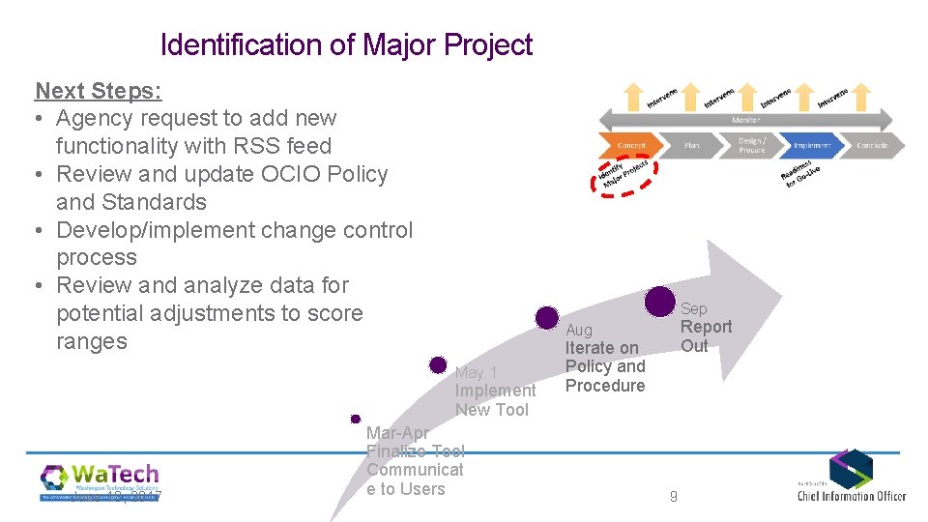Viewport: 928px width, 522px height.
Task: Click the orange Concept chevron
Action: coord(632,146)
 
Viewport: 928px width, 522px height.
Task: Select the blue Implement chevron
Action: coord(812,146)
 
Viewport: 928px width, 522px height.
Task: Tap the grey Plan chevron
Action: coord(692,146)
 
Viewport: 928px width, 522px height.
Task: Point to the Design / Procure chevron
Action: coord(752,146)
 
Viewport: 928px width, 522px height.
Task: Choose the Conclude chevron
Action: coord(871,146)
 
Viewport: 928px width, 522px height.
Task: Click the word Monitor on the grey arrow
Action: coord(745,120)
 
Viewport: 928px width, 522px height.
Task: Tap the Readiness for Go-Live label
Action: coord(800,175)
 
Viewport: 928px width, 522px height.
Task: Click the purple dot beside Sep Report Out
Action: coord(660,302)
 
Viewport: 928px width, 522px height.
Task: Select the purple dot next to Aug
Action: coord(547,317)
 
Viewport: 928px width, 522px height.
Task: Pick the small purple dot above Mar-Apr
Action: coord(356,419)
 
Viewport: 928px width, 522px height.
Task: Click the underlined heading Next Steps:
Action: coord(99,91)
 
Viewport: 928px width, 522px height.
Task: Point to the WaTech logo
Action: coord(100,480)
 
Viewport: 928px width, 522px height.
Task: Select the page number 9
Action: coord(674,497)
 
